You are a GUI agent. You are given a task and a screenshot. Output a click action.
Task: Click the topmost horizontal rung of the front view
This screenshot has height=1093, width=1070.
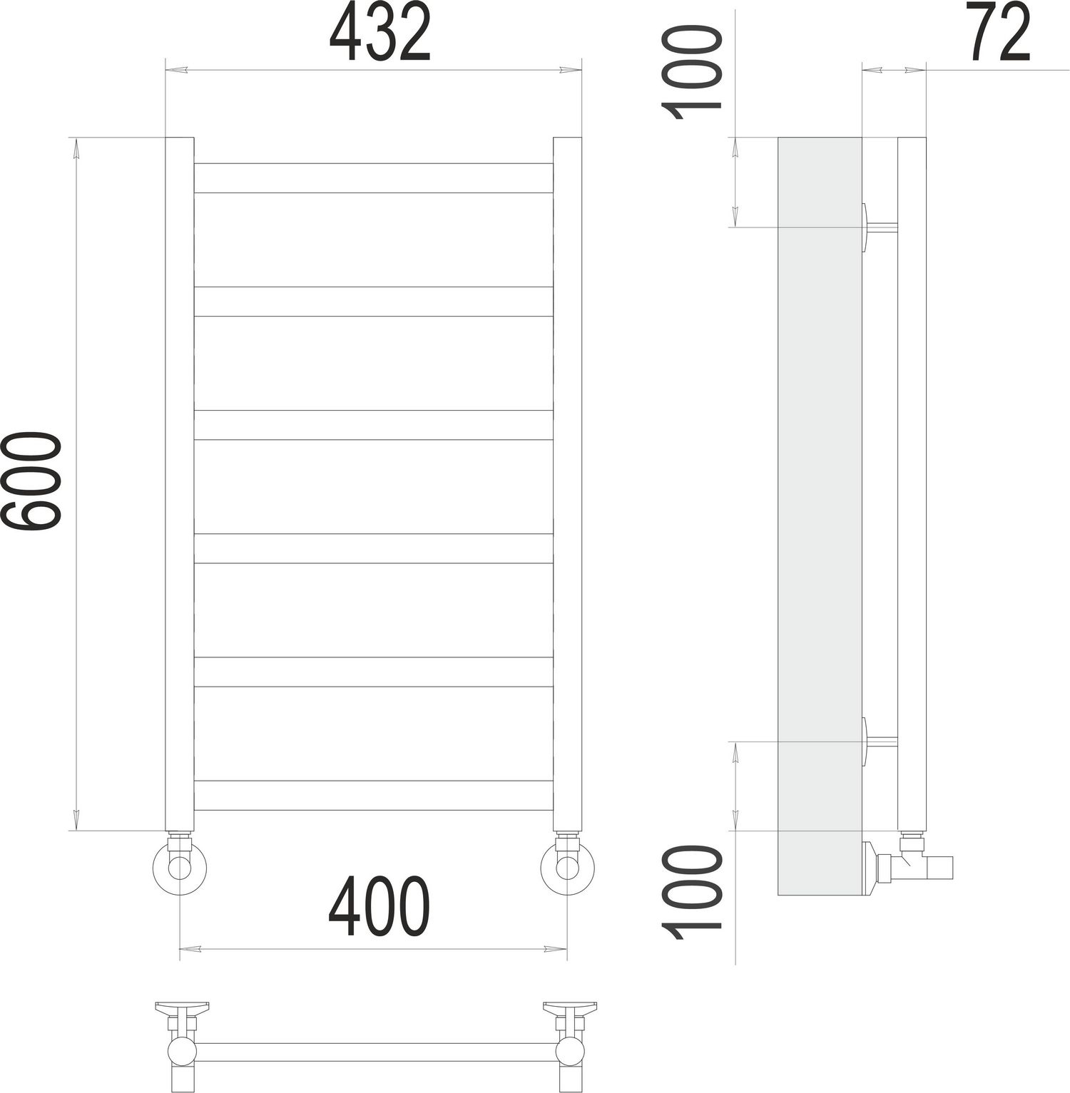(x=373, y=178)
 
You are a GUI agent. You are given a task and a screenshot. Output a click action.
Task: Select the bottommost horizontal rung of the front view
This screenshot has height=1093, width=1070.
(x=373, y=795)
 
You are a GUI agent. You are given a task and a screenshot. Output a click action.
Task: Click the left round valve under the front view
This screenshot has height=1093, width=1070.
(x=179, y=868)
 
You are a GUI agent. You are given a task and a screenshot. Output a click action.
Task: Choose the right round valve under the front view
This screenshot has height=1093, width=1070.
(x=567, y=868)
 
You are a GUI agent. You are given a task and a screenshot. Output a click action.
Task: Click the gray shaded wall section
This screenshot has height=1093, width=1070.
(x=819, y=513)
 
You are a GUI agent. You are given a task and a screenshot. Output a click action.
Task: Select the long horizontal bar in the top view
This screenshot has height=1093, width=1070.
(x=376, y=1052)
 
